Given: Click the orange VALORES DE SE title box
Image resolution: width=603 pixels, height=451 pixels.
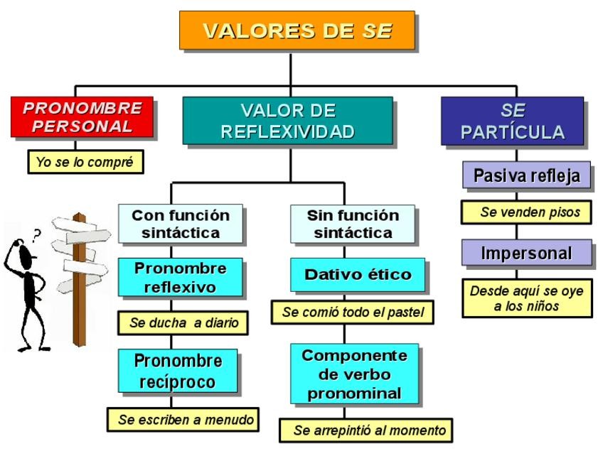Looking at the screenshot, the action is [296, 31].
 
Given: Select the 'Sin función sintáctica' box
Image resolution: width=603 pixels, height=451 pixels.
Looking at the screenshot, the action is [353, 223].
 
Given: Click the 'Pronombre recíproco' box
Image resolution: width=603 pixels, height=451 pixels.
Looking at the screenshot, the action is [178, 371].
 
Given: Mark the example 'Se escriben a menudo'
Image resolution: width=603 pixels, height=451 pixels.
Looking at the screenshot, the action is [184, 418].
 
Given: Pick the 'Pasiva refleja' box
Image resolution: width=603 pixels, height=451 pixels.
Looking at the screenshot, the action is [525, 175].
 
